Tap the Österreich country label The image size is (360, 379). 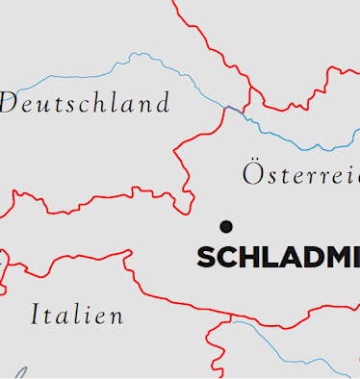(300, 174)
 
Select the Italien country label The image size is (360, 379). (77, 315)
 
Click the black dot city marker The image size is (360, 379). (226, 226)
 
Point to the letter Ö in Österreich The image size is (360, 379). (252, 173)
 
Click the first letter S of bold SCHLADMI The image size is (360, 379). (205, 258)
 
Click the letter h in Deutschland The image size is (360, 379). (95, 102)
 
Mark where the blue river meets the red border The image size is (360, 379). (228, 108)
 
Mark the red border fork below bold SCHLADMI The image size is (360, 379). (231, 316)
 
